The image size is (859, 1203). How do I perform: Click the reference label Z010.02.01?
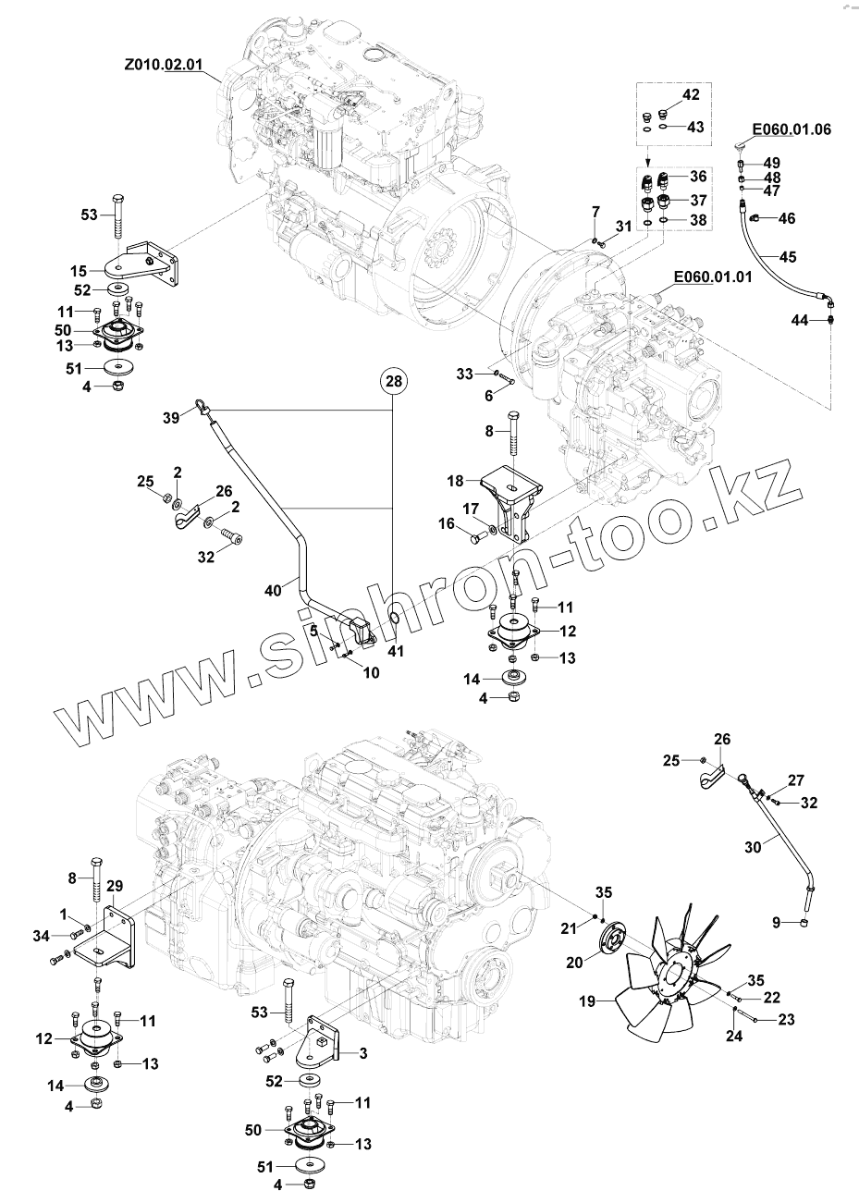tap(163, 66)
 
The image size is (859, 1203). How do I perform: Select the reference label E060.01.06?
tap(791, 129)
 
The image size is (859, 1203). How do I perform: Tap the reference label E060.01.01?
tap(712, 276)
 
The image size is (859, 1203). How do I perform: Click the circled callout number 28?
tap(395, 381)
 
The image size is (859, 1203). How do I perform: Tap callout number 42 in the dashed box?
tap(692, 95)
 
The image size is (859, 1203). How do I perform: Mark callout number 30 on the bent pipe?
tap(752, 845)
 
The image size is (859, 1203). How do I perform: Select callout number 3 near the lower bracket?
tap(363, 1053)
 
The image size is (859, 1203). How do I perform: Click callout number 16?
tap(446, 524)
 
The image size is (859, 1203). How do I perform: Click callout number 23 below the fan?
tap(787, 1021)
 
